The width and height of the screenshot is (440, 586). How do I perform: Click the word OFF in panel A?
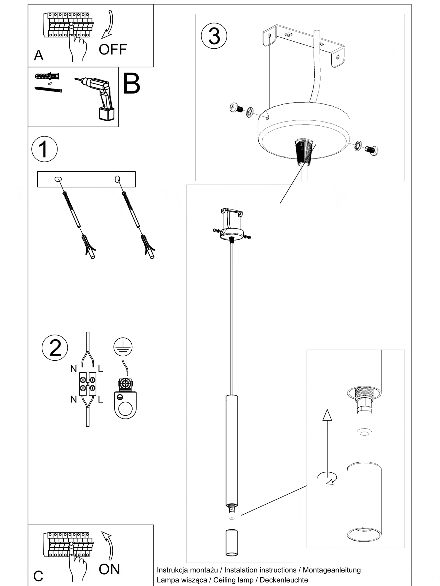pyautogui.click(x=113, y=50)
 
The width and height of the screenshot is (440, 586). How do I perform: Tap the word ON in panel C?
pyautogui.click(x=109, y=569)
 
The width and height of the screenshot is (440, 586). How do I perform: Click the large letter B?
pyautogui.click(x=131, y=84)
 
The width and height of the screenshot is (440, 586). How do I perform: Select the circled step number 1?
pyautogui.click(x=44, y=149)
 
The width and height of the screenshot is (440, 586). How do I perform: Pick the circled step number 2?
pyautogui.click(x=55, y=348)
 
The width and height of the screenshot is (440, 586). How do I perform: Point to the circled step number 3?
pyautogui.click(x=214, y=36)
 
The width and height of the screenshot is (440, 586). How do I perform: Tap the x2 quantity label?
pyautogui.click(x=50, y=84)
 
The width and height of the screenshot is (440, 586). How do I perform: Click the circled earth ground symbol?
pyautogui.click(x=123, y=347)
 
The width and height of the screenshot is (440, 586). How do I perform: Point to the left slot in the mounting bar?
pyautogui.click(x=58, y=179)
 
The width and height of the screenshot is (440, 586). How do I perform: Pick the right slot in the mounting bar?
pyautogui.click(x=117, y=178)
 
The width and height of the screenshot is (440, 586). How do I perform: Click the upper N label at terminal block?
pyautogui.click(x=74, y=369)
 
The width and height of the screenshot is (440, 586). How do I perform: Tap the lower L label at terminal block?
pyautogui.click(x=100, y=399)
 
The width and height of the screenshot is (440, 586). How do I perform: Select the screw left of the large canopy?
pyautogui.click(x=236, y=108)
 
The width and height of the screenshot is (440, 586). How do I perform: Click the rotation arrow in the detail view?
pyautogui.click(x=327, y=478)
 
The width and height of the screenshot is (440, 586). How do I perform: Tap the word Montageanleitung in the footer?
pyautogui.click(x=331, y=570)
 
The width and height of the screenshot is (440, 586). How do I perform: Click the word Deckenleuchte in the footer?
pyautogui.click(x=284, y=580)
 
